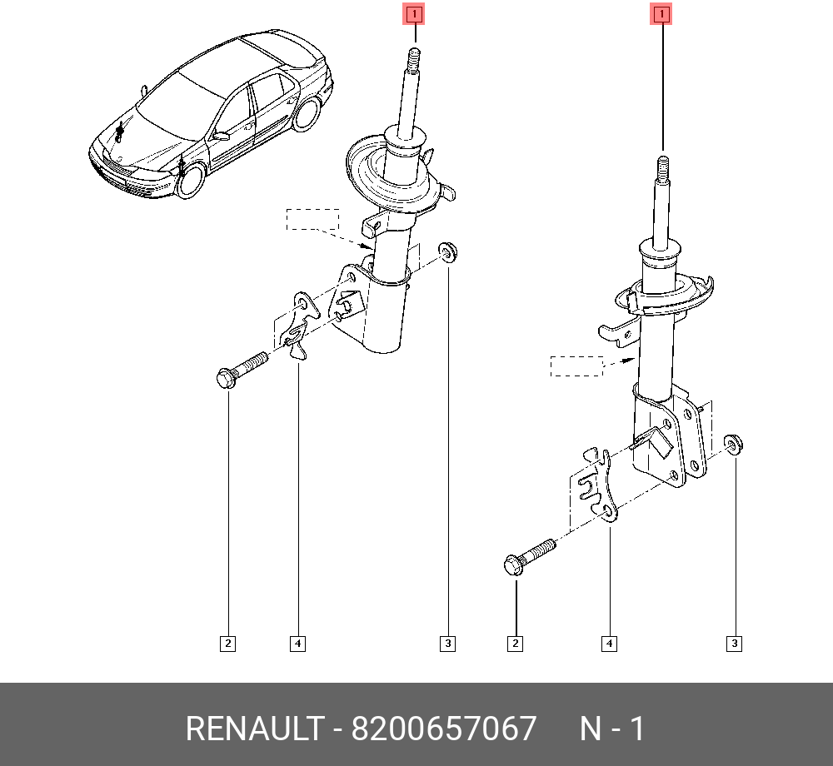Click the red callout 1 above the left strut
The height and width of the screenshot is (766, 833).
point(414,14)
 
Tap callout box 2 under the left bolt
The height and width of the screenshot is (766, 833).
point(227,643)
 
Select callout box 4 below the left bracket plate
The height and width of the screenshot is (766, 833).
point(297,643)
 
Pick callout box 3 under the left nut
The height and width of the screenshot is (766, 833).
point(448,643)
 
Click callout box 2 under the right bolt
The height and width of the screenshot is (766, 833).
point(516,643)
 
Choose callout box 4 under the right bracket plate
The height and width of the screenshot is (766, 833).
point(610,643)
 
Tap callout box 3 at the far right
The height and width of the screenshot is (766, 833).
point(735,643)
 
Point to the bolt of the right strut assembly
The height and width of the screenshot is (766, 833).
point(529,555)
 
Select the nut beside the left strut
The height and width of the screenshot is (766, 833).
point(448,251)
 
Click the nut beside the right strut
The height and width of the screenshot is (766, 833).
point(734,443)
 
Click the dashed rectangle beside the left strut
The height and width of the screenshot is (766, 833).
point(313,219)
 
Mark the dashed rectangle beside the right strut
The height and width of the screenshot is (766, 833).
point(576,366)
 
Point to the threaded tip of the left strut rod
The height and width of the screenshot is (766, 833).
point(413,59)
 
